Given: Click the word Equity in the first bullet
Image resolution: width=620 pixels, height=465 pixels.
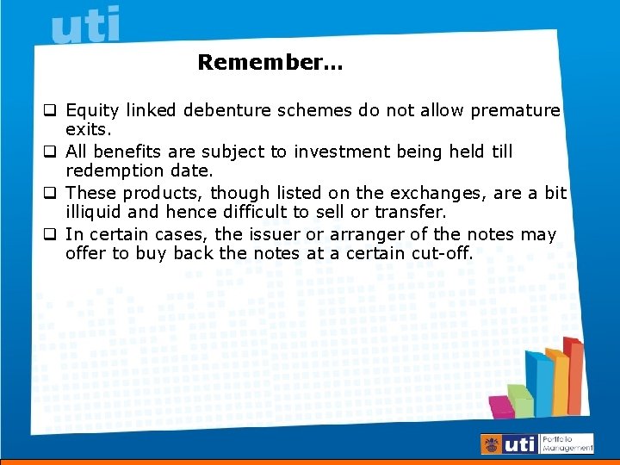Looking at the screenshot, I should click(92, 111).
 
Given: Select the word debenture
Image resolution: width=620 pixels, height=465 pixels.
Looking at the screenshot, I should click(228, 111).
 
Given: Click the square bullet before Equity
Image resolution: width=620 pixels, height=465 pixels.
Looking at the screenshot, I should click(51, 111).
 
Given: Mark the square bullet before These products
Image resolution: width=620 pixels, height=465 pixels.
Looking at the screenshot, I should click(51, 193).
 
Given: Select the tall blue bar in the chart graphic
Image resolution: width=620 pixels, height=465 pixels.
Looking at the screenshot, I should click(538, 383).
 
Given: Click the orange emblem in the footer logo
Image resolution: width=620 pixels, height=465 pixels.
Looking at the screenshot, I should click(492, 444).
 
